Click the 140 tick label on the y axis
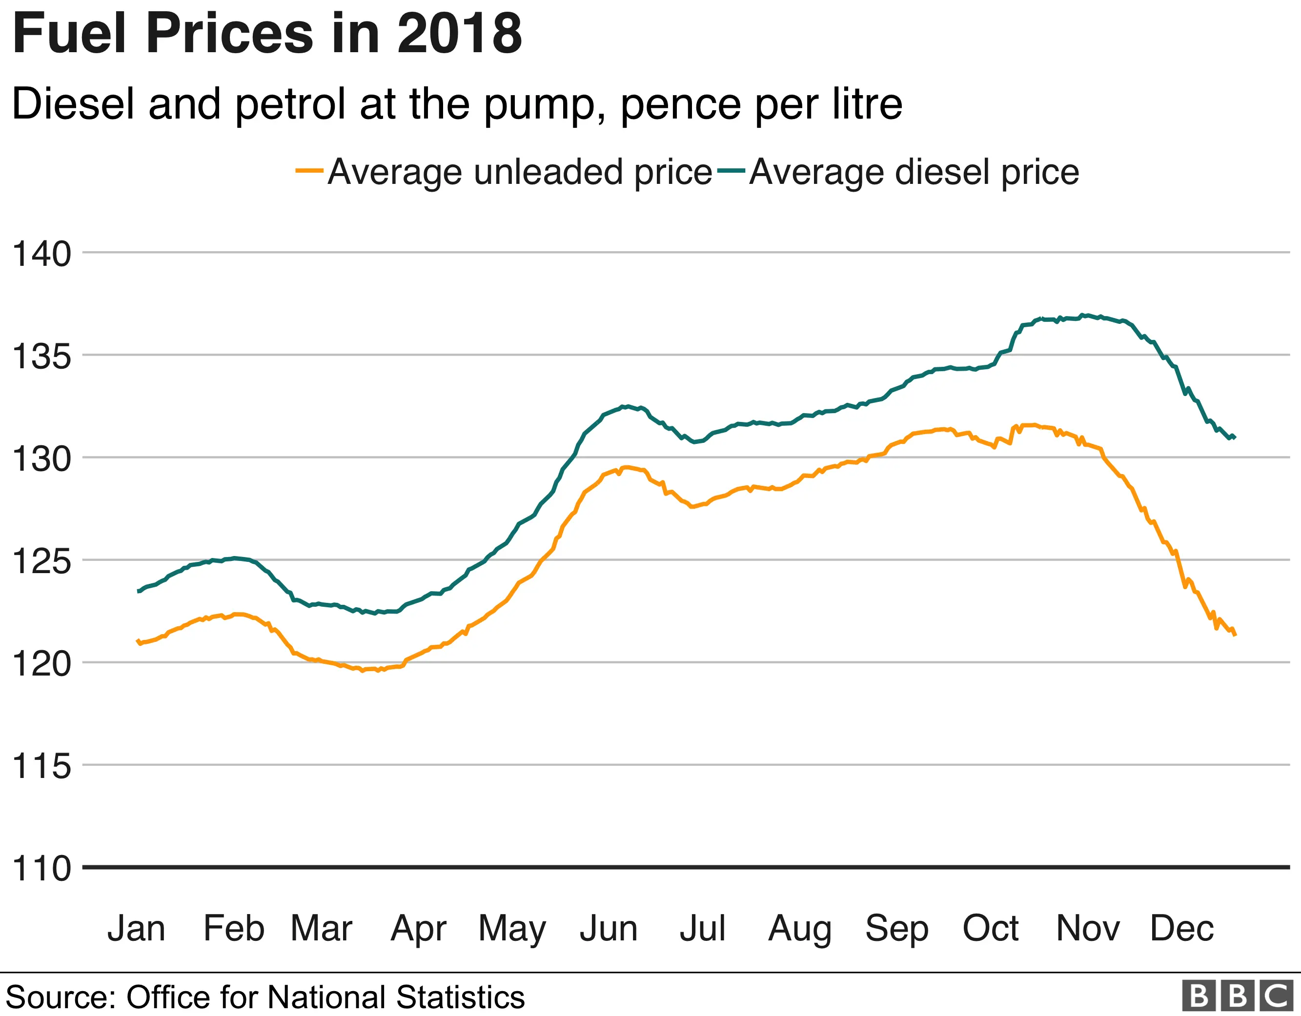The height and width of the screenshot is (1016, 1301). [x=41, y=254]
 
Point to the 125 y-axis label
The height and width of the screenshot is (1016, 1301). [x=41, y=561]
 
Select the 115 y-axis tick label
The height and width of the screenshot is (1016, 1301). [x=41, y=766]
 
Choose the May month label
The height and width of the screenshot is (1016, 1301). [x=512, y=929]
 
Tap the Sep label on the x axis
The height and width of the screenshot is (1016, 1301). [x=896, y=929]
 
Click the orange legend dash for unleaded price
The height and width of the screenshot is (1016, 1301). [x=309, y=170]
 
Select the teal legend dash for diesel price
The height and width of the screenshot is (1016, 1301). [x=731, y=170]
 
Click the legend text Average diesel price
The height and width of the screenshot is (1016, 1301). [x=914, y=173]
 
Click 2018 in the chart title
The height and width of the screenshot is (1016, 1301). [x=459, y=34]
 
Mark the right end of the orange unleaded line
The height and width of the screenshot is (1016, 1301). [x=1236, y=636]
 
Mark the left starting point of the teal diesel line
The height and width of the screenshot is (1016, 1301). [x=139, y=591]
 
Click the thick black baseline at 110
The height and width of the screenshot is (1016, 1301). [x=685, y=867]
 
